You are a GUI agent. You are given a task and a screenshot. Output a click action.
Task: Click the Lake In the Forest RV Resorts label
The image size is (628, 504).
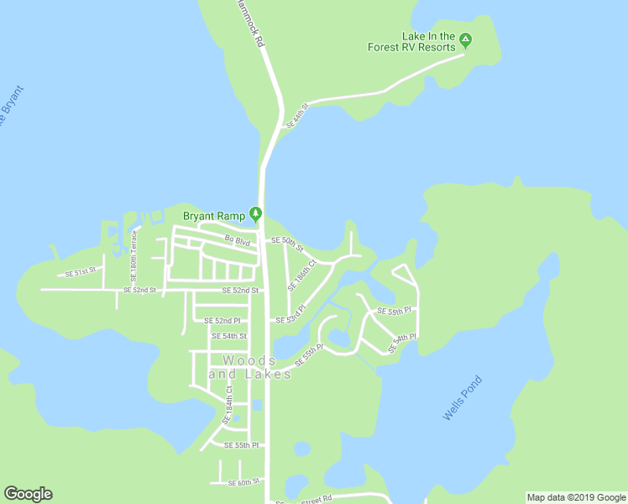[x=411, y=42]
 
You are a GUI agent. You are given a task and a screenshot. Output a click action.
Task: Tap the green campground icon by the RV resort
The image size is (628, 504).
[x=467, y=39]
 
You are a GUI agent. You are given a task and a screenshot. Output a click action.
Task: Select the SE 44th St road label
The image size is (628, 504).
[x=298, y=115]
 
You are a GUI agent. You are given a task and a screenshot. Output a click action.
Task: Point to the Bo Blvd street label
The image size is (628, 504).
[x=238, y=241]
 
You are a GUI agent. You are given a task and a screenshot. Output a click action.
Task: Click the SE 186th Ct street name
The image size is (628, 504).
[x=301, y=275]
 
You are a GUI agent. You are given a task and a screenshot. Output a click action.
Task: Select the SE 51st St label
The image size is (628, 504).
[x=81, y=273]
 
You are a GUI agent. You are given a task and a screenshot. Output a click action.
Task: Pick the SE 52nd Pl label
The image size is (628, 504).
[x=222, y=321]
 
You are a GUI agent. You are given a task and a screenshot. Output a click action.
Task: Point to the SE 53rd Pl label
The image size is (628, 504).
[x=290, y=318]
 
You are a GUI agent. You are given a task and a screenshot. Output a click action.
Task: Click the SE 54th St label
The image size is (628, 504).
[x=228, y=336]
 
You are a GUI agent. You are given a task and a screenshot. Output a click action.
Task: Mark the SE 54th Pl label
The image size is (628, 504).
[x=403, y=343]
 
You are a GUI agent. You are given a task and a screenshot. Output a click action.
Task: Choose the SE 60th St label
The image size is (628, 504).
[x=246, y=482]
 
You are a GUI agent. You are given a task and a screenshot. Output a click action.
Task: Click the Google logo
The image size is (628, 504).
[x=28, y=494]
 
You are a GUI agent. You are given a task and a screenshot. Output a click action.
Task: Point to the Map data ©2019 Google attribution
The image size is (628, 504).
[x=576, y=497]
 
